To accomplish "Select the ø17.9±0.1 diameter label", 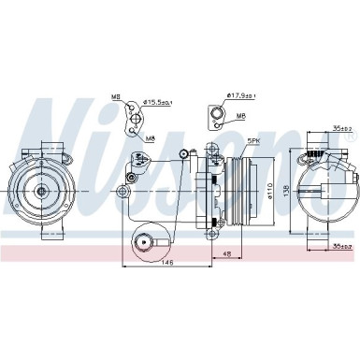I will click(242, 94).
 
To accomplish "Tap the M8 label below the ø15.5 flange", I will click(151, 138).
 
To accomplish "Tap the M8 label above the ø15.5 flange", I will click(117, 95).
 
